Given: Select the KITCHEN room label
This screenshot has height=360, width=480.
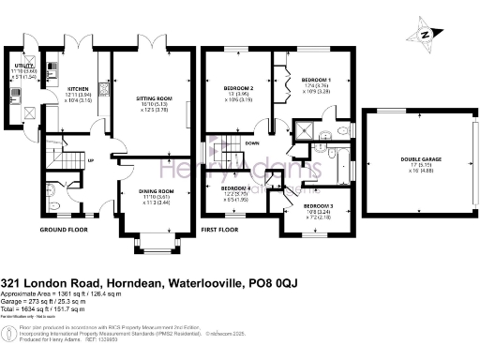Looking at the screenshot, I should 77,88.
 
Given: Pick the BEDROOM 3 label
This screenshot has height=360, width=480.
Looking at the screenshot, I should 318,205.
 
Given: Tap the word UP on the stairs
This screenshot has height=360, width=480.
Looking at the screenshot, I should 90,160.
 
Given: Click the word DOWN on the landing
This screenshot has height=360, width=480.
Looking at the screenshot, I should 251,143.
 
